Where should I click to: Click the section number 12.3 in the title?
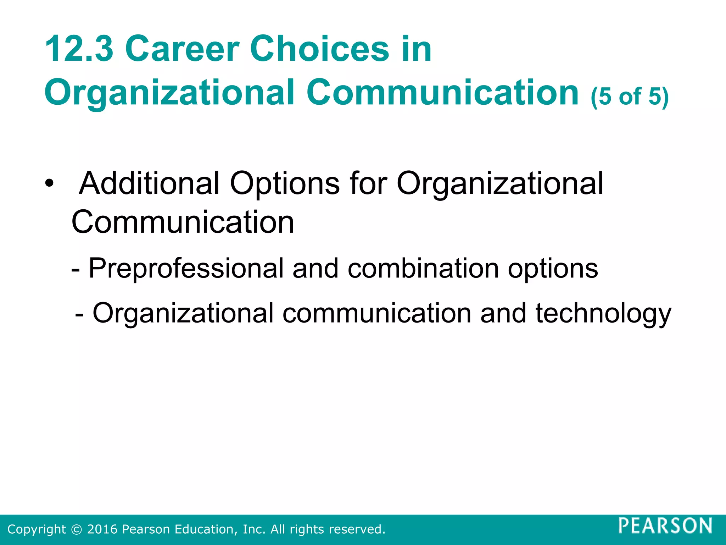click(x=79, y=49)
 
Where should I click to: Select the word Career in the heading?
click(x=182, y=49)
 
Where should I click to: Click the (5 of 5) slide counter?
click(x=630, y=97)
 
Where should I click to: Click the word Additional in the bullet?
click(x=149, y=183)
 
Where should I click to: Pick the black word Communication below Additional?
click(x=183, y=222)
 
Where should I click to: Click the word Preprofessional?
click(x=186, y=269)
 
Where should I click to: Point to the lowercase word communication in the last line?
click(x=377, y=313)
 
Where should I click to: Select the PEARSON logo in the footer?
click(x=665, y=525)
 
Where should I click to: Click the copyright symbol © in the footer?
click(x=76, y=529)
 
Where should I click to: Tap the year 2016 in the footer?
click(x=102, y=529)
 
